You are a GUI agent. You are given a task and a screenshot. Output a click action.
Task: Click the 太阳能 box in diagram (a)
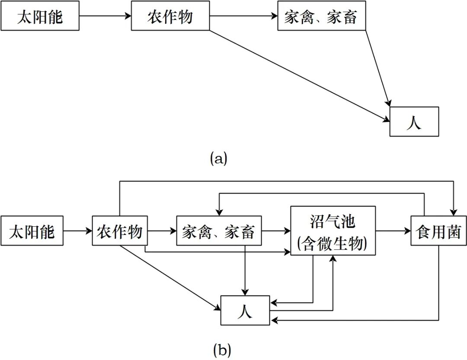coord(40,17)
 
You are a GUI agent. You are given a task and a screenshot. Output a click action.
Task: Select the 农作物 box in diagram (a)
coord(170,17)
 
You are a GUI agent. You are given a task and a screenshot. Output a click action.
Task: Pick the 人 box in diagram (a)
coord(414,122)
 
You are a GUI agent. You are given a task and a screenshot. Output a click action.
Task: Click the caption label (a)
coord(218,158)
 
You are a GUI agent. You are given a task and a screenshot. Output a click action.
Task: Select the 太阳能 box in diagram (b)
coord(32,231)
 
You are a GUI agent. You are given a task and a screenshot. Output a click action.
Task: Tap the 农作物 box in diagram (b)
coord(120,231)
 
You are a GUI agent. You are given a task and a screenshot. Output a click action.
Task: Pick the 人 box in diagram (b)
coord(245,310)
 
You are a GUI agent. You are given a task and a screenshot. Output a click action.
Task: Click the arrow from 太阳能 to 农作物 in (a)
coord(105,17)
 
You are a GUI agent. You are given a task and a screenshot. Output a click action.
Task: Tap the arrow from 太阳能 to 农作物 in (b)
coord(78,231)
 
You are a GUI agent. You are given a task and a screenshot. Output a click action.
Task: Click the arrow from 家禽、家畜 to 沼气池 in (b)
coord(276,231)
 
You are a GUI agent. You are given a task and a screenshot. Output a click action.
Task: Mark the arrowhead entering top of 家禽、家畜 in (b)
coord(220,212)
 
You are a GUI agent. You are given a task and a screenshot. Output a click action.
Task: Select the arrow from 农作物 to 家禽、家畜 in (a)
coord(243,17)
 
